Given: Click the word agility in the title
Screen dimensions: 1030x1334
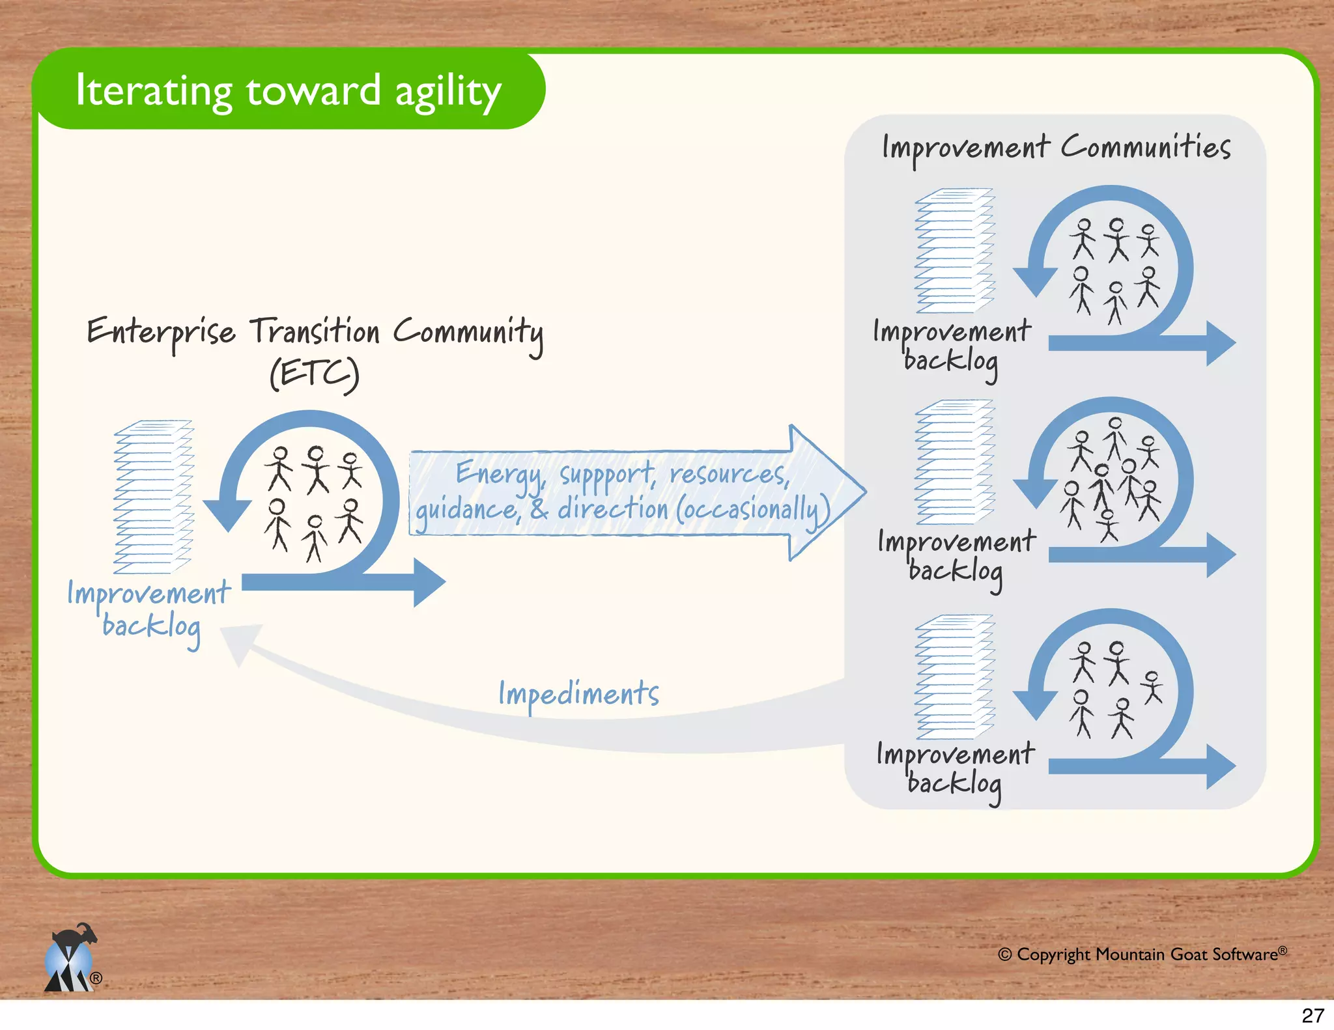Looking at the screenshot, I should pyautogui.click(x=448, y=92).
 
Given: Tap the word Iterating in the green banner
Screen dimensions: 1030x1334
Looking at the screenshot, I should pyautogui.click(x=154, y=90).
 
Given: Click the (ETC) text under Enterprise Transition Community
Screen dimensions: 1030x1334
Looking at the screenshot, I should pyautogui.click(x=315, y=374).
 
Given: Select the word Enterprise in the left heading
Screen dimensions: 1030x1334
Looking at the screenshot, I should pyautogui.click(x=161, y=333).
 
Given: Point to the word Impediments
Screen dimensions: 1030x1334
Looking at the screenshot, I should pyautogui.click(x=578, y=693).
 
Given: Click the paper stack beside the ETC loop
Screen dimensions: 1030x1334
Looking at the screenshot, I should pyautogui.click(x=154, y=497).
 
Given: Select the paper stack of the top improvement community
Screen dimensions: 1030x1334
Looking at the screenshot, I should pyautogui.click(x=955, y=251).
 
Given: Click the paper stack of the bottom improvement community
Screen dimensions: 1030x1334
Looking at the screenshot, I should pyautogui.click(x=955, y=676).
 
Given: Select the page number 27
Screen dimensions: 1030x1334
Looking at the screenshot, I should pyautogui.click(x=1313, y=1015).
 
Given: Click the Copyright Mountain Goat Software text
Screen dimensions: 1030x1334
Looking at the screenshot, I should pyautogui.click(x=1142, y=954).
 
